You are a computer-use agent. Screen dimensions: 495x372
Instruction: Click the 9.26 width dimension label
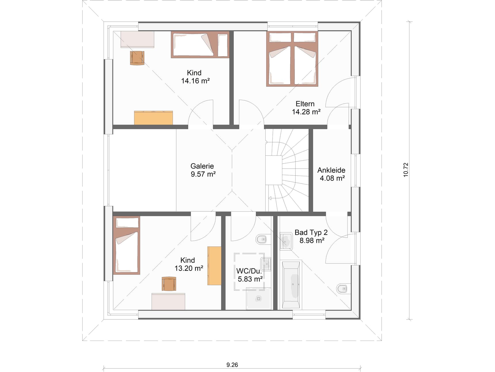point(232,365)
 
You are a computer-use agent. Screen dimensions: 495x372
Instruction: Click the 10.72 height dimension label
point(406,170)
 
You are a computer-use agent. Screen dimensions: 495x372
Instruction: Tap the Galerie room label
point(202,166)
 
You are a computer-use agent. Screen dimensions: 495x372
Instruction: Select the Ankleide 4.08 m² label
point(332,174)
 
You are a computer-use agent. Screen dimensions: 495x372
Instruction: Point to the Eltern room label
point(305,104)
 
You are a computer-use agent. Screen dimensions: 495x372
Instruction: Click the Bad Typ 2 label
point(311,232)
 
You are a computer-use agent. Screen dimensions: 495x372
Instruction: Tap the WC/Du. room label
point(249,271)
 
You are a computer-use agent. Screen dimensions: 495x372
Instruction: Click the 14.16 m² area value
point(195,81)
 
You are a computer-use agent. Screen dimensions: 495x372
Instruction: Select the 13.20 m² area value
point(189,268)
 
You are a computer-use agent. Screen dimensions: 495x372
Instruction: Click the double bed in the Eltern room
point(292,59)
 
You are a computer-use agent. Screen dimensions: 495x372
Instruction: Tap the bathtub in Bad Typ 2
point(291,284)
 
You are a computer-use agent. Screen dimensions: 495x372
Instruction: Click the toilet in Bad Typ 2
point(342,288)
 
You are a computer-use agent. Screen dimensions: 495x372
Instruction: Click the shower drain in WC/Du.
point(258,299)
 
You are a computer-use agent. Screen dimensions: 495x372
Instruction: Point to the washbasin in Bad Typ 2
point(286,241)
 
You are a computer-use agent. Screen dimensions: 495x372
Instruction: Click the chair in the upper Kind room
point(137,58)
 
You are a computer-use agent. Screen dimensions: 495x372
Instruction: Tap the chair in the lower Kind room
point(169,284)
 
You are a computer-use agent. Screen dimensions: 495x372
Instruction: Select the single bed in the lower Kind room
point(127,245)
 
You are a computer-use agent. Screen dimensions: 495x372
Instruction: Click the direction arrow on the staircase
point(270,198)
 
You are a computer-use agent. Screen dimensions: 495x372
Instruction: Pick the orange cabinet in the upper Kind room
point(153,118)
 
